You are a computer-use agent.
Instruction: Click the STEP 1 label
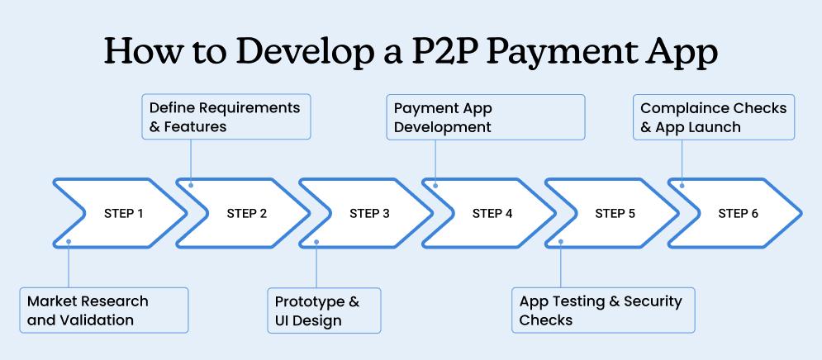tap(123, 214)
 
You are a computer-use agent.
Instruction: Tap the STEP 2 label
tap(246, 214)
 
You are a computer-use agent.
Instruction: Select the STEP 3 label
tap(369, 214)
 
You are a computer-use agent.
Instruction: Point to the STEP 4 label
tap(492, 214)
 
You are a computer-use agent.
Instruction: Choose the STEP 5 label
tap(615, 214)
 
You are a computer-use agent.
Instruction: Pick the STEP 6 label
tap(738, 214)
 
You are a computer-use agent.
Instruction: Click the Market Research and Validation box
tap(104, 310)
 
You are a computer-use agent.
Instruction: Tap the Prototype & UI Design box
tap(324, 310)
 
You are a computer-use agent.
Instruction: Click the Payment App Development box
tap(486, 117)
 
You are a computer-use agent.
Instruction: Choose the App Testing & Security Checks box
tap(602, 310)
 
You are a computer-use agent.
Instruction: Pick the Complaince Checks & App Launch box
tap(715, 117)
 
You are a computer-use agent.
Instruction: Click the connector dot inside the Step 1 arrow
tap(69, 242)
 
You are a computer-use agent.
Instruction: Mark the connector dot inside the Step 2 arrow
tap(191, 185)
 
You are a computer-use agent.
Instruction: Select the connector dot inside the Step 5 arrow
tap(560, 242)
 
